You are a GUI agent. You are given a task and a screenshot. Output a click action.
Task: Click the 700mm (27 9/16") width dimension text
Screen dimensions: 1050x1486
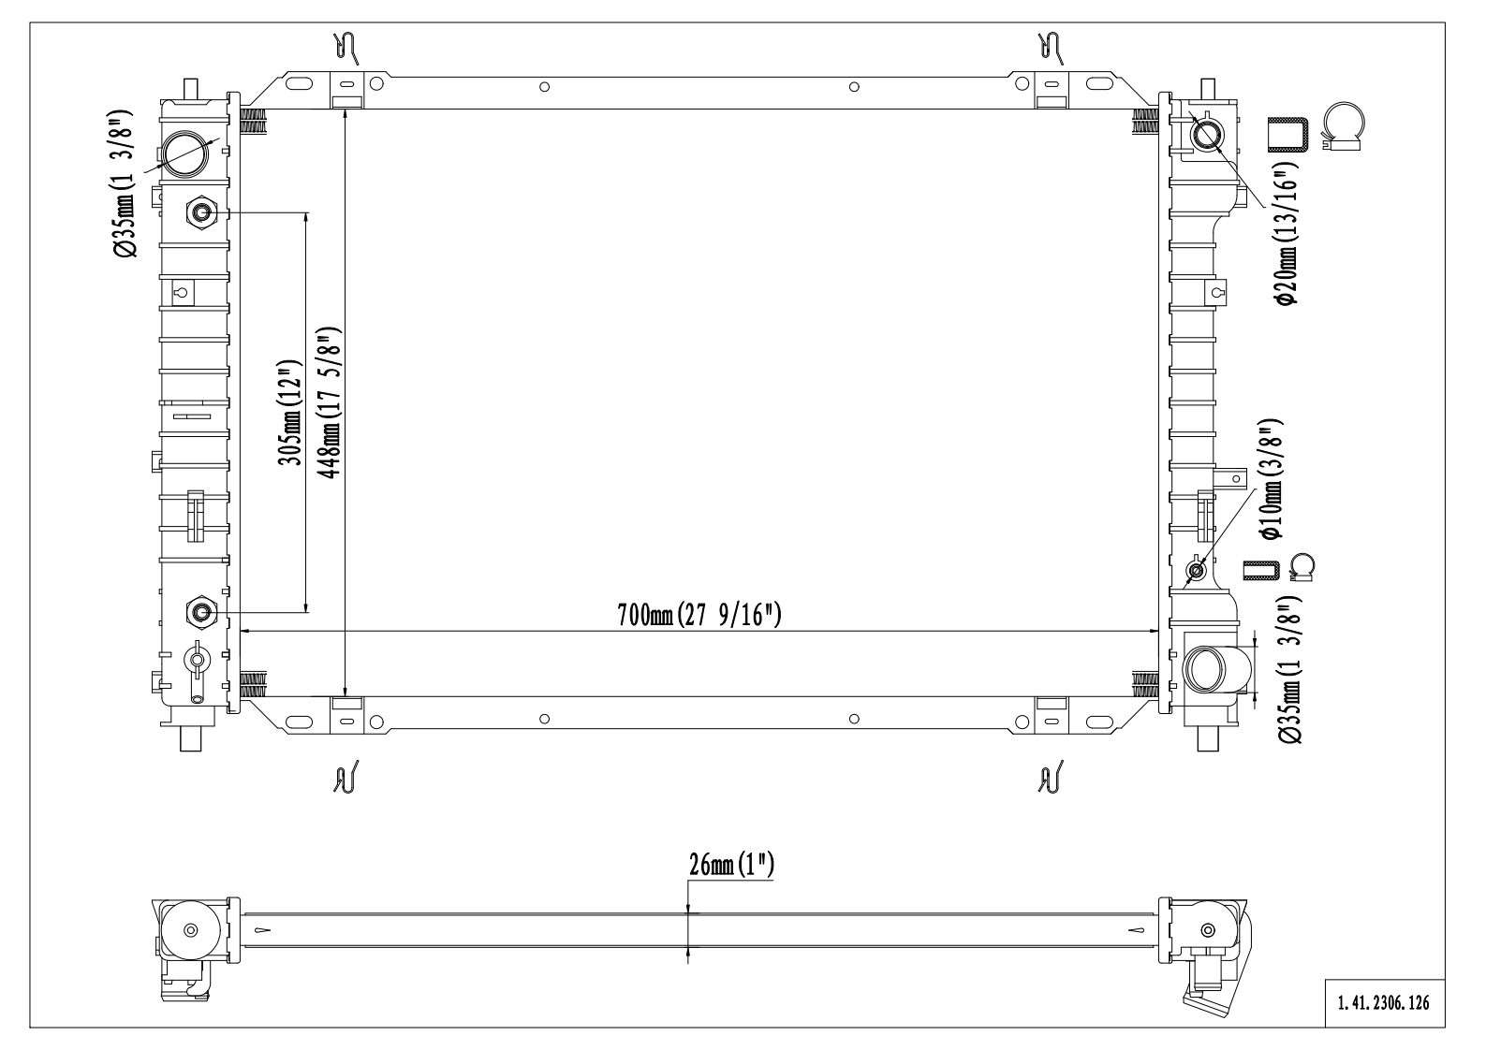coord(699,616)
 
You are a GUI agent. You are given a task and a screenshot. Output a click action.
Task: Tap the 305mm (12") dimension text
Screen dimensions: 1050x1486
coord(292,413)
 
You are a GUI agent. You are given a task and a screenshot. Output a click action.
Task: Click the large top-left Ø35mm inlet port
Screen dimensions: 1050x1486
coord(185,153)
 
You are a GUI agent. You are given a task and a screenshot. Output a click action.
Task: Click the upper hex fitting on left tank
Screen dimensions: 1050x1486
coord(202,214)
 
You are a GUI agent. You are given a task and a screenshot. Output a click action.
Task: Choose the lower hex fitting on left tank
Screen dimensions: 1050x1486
coord(201,613)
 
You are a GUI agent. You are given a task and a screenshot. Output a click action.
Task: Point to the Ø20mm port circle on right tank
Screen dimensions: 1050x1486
coord(1206,136)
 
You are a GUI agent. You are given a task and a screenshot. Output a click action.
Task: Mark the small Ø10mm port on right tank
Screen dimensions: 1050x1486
coord(1196,570)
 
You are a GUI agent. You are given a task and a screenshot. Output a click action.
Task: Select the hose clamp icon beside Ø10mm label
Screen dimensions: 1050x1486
coord(1302,567)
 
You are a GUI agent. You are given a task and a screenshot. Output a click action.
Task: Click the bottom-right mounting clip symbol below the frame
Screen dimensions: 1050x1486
coord(1051,776)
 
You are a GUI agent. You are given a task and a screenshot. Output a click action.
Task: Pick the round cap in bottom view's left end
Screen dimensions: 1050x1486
coord(191,930)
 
